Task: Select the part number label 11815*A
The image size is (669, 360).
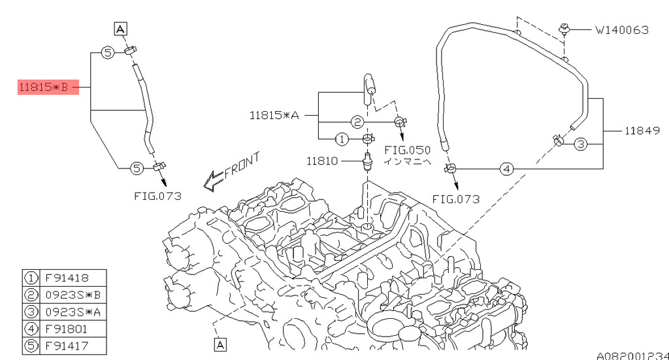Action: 274,115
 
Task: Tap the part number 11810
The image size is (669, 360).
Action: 322,161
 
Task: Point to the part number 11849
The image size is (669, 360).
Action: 642,131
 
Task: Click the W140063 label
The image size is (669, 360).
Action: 622,30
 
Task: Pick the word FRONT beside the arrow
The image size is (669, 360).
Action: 242,165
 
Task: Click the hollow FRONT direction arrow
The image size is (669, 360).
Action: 213,181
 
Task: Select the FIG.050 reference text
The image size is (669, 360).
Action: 408,150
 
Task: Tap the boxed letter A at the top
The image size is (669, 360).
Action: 121,29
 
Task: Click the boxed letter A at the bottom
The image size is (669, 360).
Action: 220,344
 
